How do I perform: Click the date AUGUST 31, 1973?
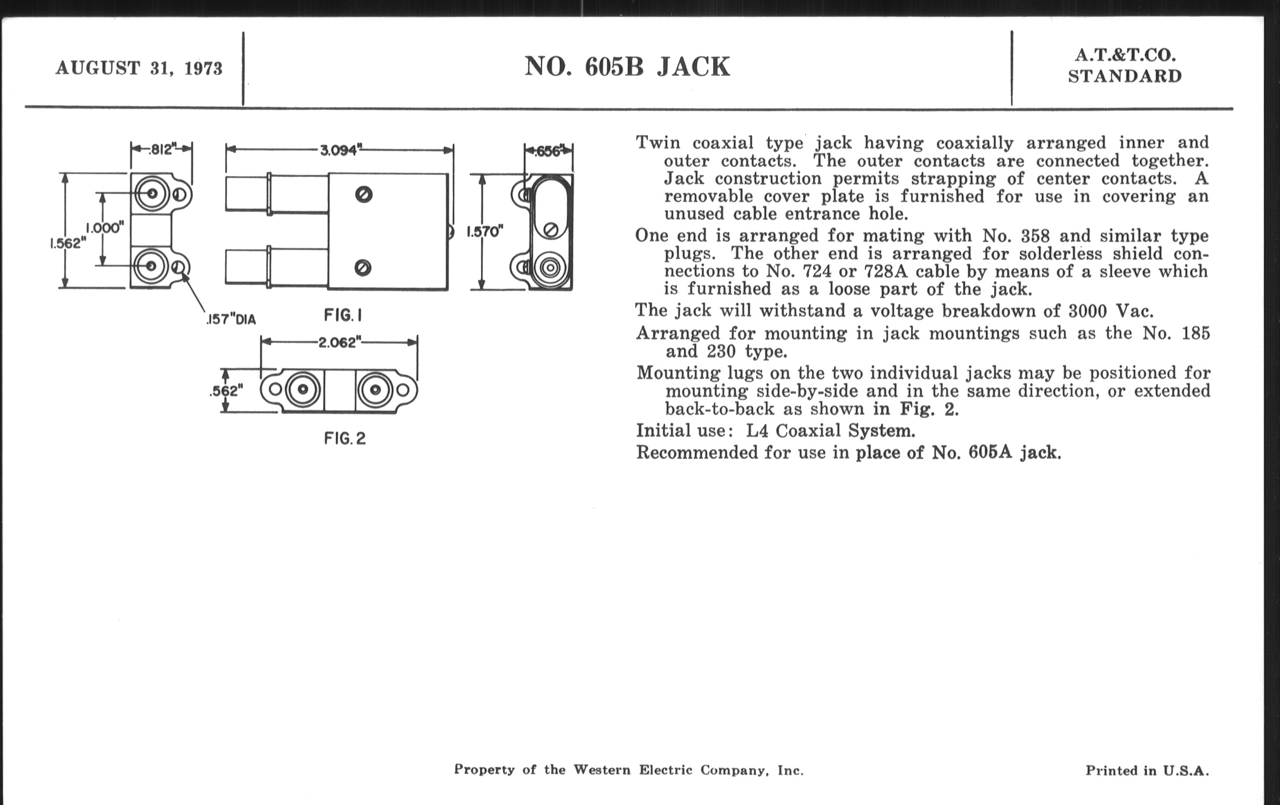point(139,68)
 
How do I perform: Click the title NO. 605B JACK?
point(627,67)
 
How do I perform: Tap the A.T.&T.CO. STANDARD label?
point(1125,66)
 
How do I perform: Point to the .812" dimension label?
point(162,149)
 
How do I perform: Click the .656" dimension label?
point(548,152)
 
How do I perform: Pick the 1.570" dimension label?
point(484,232)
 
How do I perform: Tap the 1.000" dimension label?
point(105,228)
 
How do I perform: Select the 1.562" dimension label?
point(67,244)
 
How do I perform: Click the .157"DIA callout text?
point(231,319)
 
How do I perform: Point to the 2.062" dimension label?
point(339,343)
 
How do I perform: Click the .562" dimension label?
point(226,391)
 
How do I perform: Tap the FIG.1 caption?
point(343,316)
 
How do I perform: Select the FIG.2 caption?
point(345,438)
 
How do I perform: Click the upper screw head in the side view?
point(364,195)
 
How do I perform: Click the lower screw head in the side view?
point(363,267)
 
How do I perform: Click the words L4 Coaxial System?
point(830,430)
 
